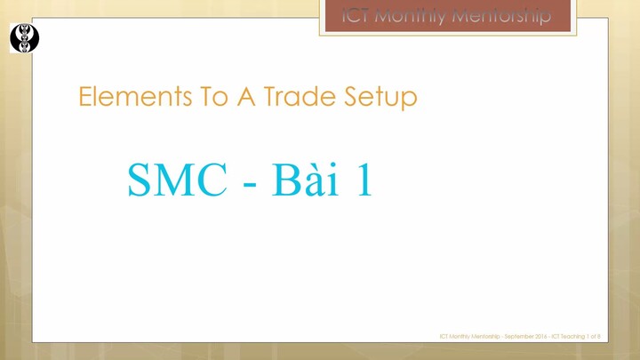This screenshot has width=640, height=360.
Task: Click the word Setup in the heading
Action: click(x=380, y=96)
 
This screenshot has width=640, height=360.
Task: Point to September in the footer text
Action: click(x=517, y=336)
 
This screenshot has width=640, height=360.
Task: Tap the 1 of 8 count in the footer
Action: click(x=593, y=336)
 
